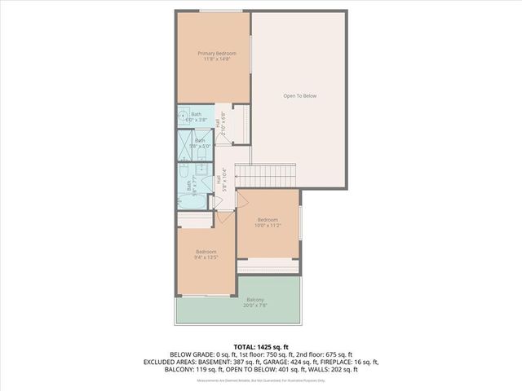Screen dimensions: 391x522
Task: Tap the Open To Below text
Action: pos(299,96)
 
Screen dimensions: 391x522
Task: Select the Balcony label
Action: pos(255,300)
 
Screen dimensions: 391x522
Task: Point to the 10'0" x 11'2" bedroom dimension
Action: pos(268,226)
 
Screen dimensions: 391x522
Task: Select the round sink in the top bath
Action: pos(183,116)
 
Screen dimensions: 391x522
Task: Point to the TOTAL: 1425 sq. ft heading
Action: pos(260,347)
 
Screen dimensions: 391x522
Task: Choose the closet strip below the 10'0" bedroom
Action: pos(268,266)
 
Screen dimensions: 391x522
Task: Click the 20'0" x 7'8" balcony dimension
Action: pos(255,306)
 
